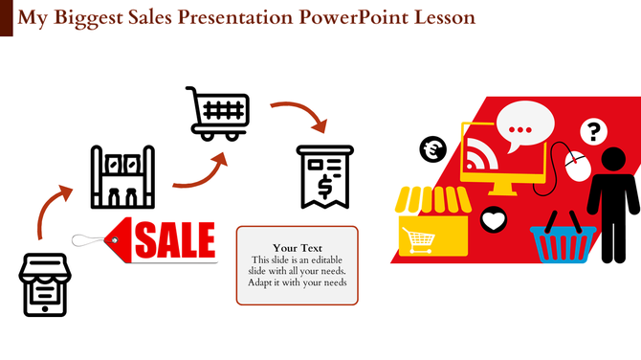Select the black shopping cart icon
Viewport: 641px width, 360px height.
click(218, 112)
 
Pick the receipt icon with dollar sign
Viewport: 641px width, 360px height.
click(324, 176)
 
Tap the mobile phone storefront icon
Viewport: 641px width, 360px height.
click(45, 283)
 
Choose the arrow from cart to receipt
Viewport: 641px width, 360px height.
click(301, 114)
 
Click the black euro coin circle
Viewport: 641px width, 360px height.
click(432, 148)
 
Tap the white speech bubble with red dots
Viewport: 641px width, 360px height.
click(525, 127)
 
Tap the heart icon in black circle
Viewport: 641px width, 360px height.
click(493, 220)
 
